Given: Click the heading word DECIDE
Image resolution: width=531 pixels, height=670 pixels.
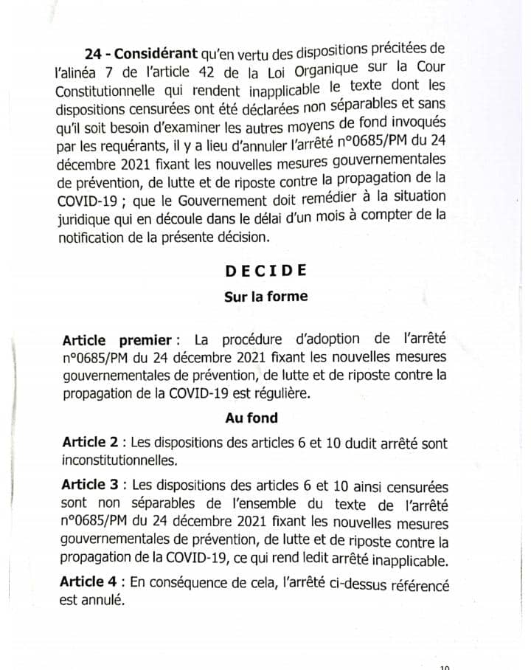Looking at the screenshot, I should tap(265, 270).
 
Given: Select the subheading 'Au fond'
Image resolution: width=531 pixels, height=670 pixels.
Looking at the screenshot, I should tap(252, 418).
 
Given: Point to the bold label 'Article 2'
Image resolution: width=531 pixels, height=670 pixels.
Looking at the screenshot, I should tap(91, 443).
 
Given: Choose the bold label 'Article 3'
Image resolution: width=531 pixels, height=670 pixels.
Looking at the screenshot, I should tap(91, 487).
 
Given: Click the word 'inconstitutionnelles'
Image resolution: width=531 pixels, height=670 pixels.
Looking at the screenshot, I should tap(119, 460).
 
